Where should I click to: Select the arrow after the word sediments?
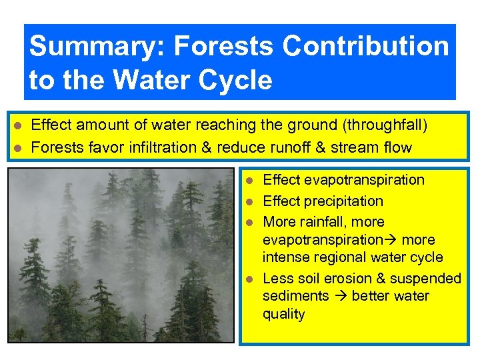[340, 297]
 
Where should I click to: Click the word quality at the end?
[283, 314]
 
